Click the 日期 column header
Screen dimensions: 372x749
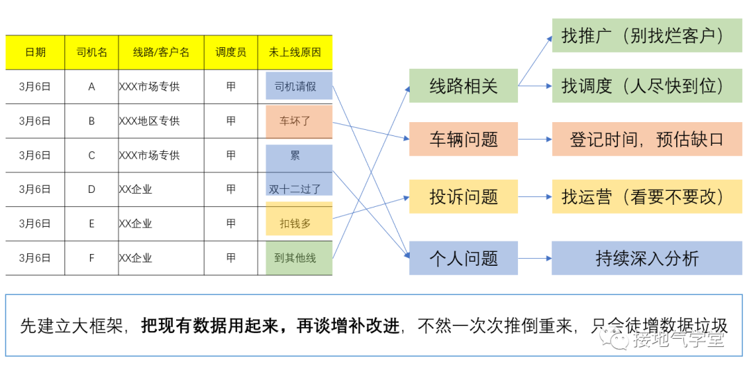[35, 52]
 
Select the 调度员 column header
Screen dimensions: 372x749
[231, 52]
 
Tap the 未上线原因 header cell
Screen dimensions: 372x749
[295, 52]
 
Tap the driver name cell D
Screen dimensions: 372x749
[92, 189]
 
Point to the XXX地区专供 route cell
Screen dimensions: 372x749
[150, 121]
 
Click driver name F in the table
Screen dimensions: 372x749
[92, 257]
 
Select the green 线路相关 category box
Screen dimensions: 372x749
[463, 86]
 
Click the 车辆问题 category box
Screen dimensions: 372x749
[463, 139]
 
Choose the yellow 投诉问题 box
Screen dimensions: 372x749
[463, 196]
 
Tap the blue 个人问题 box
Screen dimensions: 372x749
[463, 258]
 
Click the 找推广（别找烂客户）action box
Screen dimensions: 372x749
[646, 35]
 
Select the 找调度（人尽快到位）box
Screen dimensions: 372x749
[646, 86]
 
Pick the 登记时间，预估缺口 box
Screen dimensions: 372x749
[646, 139]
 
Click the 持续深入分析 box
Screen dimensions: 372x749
[646, 258]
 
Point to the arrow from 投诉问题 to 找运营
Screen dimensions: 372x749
[535, 196]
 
